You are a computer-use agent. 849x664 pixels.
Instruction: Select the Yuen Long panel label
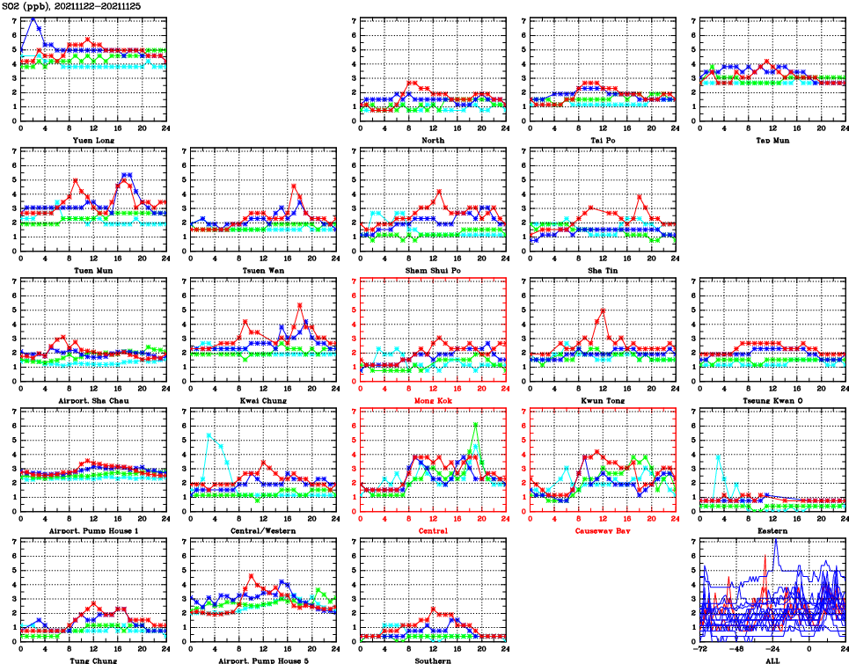(x=92, y=140)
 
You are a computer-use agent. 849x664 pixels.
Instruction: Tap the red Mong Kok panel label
(x=433, y=401)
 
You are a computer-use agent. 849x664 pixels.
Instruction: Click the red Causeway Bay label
(x=603, y=531)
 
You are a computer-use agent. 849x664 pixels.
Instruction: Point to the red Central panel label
(x=433, y=531)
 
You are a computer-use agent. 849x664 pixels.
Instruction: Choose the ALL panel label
(x=772, y=660)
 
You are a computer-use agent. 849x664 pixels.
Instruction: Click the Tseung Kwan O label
(x=772, y=401)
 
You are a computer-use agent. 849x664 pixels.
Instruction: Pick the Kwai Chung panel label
(x=263, y=401)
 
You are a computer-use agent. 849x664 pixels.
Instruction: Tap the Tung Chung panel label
(x=92, y=660)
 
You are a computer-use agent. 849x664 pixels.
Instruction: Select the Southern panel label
(x=433, y=660)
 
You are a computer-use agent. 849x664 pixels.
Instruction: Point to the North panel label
(x=433, y=140)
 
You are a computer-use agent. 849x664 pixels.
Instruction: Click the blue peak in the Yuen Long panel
(x=33, y=18)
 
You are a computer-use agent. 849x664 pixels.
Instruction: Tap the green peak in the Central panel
(x=475, y=424)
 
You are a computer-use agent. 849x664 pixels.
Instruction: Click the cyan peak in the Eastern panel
(x=719, y=455)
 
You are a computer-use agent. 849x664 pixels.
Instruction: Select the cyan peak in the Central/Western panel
(x=209, y=434)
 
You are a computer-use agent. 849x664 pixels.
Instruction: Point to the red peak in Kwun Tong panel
(x=604, y=310)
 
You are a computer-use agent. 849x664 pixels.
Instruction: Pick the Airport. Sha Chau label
(x=92, y=401)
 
